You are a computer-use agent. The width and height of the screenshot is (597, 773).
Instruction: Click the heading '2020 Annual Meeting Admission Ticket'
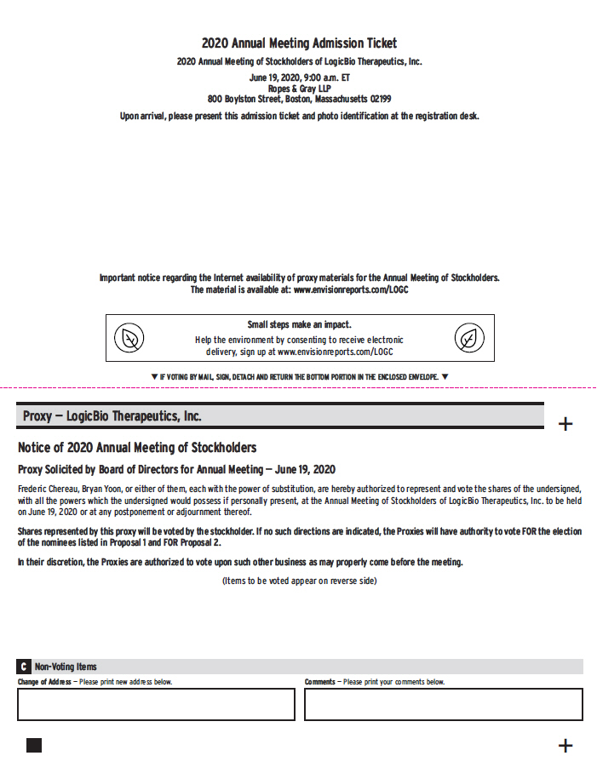click(x=299, y=43)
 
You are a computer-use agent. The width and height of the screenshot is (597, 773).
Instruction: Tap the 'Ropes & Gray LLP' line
click(x=299, y=88)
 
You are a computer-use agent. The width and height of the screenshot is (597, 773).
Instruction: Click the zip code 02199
click(x=380, y=99)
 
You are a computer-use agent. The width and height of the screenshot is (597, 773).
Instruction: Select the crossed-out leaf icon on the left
click(x=129, y=339)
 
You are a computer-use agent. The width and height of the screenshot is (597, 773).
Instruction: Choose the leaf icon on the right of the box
click(x=468, y=339)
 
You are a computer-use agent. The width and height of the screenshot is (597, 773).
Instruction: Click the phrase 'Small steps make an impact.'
click(x=299, y=324)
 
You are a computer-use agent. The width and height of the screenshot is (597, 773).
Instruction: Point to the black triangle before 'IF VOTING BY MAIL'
click(x=153, y=376)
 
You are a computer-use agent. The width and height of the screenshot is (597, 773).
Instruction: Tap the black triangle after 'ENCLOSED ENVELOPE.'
click(x=445, y=376)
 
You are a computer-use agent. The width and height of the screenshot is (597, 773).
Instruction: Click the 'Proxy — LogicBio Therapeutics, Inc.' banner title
click(x=112, y=416)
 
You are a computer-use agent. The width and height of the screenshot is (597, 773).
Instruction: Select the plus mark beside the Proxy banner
click(x=565, y=423)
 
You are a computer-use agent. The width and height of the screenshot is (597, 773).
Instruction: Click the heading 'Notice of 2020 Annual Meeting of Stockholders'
click(x=137, y=448)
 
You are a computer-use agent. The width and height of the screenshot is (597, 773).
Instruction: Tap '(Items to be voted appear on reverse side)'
click(x=299, y=581)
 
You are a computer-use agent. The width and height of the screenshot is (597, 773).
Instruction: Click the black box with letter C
click(x=25, y=667)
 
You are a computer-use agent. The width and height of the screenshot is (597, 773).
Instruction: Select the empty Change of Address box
click(x=156, y=704)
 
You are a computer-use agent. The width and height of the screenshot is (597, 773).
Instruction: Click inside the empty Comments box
click(x=443, y=704)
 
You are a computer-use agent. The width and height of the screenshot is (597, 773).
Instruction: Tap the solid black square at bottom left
click(x=34, y=746)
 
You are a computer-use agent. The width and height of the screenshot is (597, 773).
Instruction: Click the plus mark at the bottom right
click(x=565, y=746)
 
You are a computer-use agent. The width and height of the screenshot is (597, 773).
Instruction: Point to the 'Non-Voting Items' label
click(x=66, y=667)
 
